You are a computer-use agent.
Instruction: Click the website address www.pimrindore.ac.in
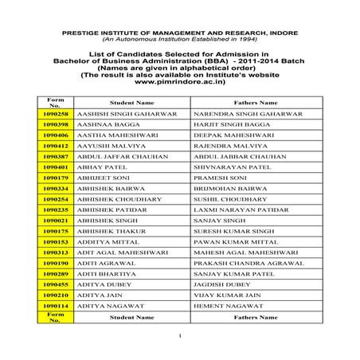178,82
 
